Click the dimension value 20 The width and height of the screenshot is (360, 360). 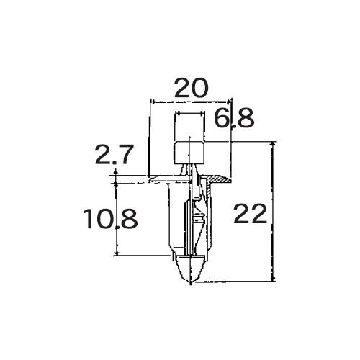[x=191, y=88]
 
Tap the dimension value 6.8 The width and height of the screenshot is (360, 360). [x=234, y=118]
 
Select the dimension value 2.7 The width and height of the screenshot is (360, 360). [x=114, y=155]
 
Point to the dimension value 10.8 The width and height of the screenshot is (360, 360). [x=110, y=219]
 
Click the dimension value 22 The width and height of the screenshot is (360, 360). [x=250, y=214]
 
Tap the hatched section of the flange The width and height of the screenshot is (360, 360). [x=218, y=179]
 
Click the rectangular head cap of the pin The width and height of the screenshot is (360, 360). [x=189, y=153]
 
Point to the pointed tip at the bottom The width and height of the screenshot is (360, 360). [x=191, y=282]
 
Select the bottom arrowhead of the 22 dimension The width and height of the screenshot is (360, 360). [x=273, y=278]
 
